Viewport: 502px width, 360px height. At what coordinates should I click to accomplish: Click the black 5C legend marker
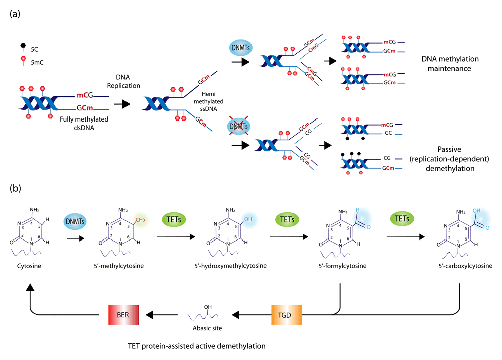point(23,46)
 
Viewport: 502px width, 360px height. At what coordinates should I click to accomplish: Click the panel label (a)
point(15,14)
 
